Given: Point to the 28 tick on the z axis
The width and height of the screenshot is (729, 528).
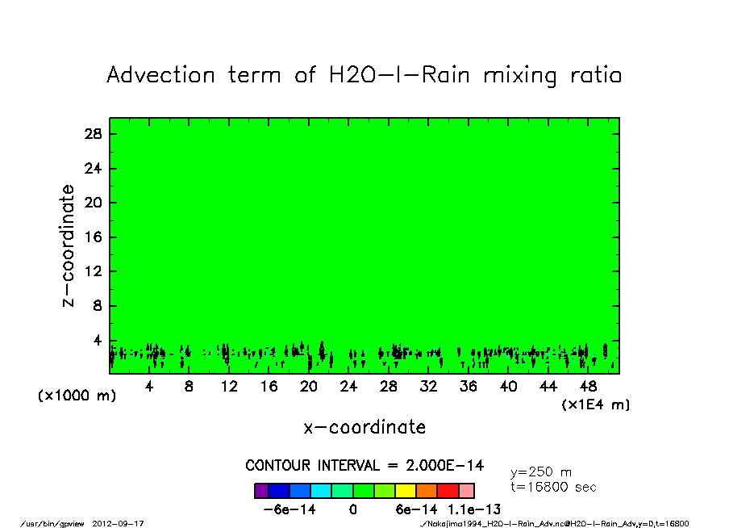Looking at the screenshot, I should [94, 134].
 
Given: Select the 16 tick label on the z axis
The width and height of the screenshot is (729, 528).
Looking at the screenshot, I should [94, 237].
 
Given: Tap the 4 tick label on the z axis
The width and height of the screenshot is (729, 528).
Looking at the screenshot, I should [98, 341].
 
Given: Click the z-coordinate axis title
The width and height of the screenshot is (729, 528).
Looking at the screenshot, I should [69, 245].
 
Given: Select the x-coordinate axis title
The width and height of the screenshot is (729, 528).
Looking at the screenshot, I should [364, 427].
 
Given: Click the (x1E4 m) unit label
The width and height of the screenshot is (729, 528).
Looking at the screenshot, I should [596, 404].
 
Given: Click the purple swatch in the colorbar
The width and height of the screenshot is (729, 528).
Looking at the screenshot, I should [260, 491].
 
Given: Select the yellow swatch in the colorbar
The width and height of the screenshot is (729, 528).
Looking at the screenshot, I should [406, 491].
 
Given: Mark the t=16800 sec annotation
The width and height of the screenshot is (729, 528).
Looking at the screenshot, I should [554, 488].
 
